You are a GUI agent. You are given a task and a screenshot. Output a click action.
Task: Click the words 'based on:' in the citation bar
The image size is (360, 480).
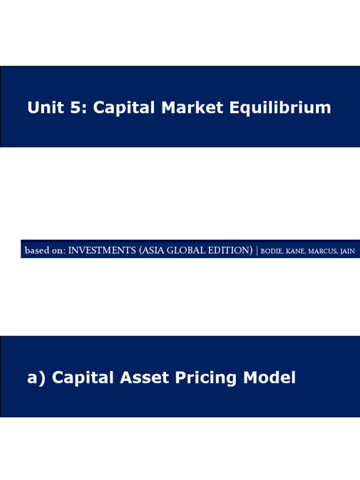tap(45, 251)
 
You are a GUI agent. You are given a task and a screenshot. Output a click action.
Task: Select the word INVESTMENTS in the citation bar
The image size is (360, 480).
tap(102, 251)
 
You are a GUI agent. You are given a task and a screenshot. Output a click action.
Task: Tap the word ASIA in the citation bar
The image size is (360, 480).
tap(154, 251)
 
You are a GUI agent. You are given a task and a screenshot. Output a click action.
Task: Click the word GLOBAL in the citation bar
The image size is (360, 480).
tap(187, 251)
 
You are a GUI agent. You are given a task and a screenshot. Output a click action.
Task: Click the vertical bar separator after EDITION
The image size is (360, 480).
tap(257, 251)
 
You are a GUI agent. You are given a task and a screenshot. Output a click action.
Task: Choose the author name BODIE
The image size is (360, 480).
tap(271, 251)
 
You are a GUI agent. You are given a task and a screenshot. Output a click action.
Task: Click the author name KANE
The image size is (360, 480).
tap(295, 251)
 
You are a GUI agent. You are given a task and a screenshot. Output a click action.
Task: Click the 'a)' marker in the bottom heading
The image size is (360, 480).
tap(37, 378)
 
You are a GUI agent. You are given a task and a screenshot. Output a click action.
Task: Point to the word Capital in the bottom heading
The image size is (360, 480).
tap(83, 378)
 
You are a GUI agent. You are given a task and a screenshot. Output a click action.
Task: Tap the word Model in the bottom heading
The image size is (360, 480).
tap(269, 378)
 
